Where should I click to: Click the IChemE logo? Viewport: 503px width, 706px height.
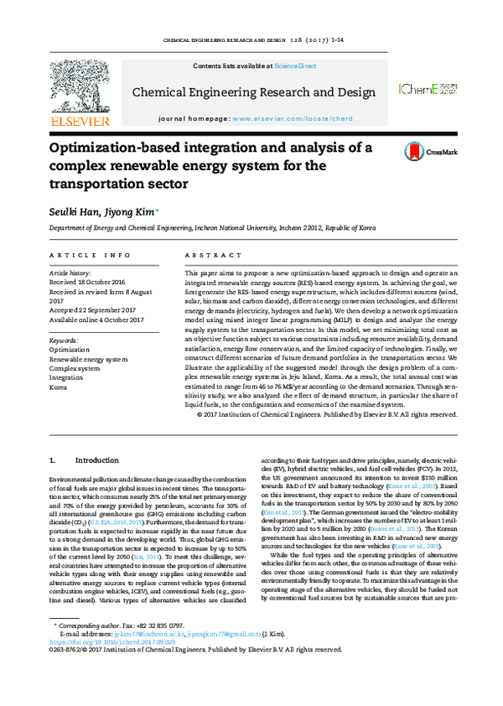pos(427,89)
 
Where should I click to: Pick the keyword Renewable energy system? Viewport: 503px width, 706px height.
pos(88,359)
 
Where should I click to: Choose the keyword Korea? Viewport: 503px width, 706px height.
pos(59,388)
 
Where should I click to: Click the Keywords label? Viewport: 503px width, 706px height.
pos(65,340)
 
